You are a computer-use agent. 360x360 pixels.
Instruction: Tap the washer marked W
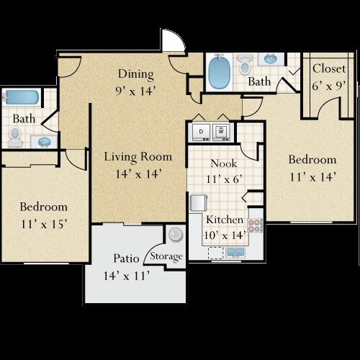[x=221, y=132]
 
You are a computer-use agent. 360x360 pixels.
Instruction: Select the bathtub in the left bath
[x=22, y=97]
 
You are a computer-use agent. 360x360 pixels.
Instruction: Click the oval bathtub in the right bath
[x=219, y=71]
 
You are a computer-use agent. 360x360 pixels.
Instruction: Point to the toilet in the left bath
[x=15, y=138]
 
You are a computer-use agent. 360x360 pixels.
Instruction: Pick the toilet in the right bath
[x=244, y=64]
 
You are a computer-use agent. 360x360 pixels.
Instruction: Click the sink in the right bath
[x=271, y=59]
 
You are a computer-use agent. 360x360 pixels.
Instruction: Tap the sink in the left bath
[x=44, y=142]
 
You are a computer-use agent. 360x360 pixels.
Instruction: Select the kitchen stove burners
[x=255, y=225]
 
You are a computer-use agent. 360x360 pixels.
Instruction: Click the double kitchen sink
[x=235, y=253]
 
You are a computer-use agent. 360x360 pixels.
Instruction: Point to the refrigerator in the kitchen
[x=199, y=203]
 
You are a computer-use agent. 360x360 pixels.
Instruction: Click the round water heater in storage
[x=176, y=234]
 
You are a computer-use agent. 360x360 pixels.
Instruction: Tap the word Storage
[x=166, y=256]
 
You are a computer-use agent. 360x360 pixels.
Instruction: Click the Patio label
[x=126, y=258]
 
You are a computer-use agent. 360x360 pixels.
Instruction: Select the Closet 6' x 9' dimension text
[x=329, y=86]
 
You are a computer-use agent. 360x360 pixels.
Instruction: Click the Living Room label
[x=138, y=157]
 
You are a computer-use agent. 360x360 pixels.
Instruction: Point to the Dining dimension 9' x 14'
[x=136, y=91]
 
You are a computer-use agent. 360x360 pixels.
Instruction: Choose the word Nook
[x=224, y=163]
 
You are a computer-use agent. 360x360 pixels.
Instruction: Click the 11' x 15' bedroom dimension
[x=43, y=224]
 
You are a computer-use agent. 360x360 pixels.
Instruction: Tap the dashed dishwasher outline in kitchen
[x=216, y=253]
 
